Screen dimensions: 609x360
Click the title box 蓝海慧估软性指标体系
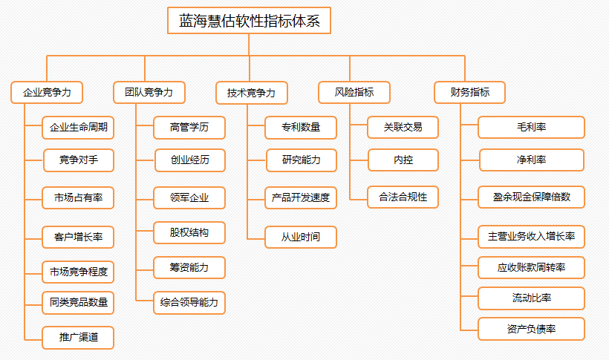249,21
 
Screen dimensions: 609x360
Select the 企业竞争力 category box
47,93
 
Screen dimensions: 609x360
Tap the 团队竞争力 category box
149,93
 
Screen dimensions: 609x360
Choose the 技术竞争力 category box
252,93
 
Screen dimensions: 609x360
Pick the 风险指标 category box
354,93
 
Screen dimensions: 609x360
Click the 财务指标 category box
469,93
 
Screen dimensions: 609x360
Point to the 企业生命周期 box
78,128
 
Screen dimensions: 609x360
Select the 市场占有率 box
78,197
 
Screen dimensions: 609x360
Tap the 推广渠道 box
78,338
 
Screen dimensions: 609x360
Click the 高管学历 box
189,128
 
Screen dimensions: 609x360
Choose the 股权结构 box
189,232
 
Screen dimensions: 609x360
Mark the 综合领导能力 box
189,303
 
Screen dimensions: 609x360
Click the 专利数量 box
301,128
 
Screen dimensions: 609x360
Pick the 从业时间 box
301,237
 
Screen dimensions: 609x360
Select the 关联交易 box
403,128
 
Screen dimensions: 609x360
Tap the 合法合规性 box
403,197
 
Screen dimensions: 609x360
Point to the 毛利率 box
531,128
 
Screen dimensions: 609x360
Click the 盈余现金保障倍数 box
531,197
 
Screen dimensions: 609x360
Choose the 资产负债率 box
531,329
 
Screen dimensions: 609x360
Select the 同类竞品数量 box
78,303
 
